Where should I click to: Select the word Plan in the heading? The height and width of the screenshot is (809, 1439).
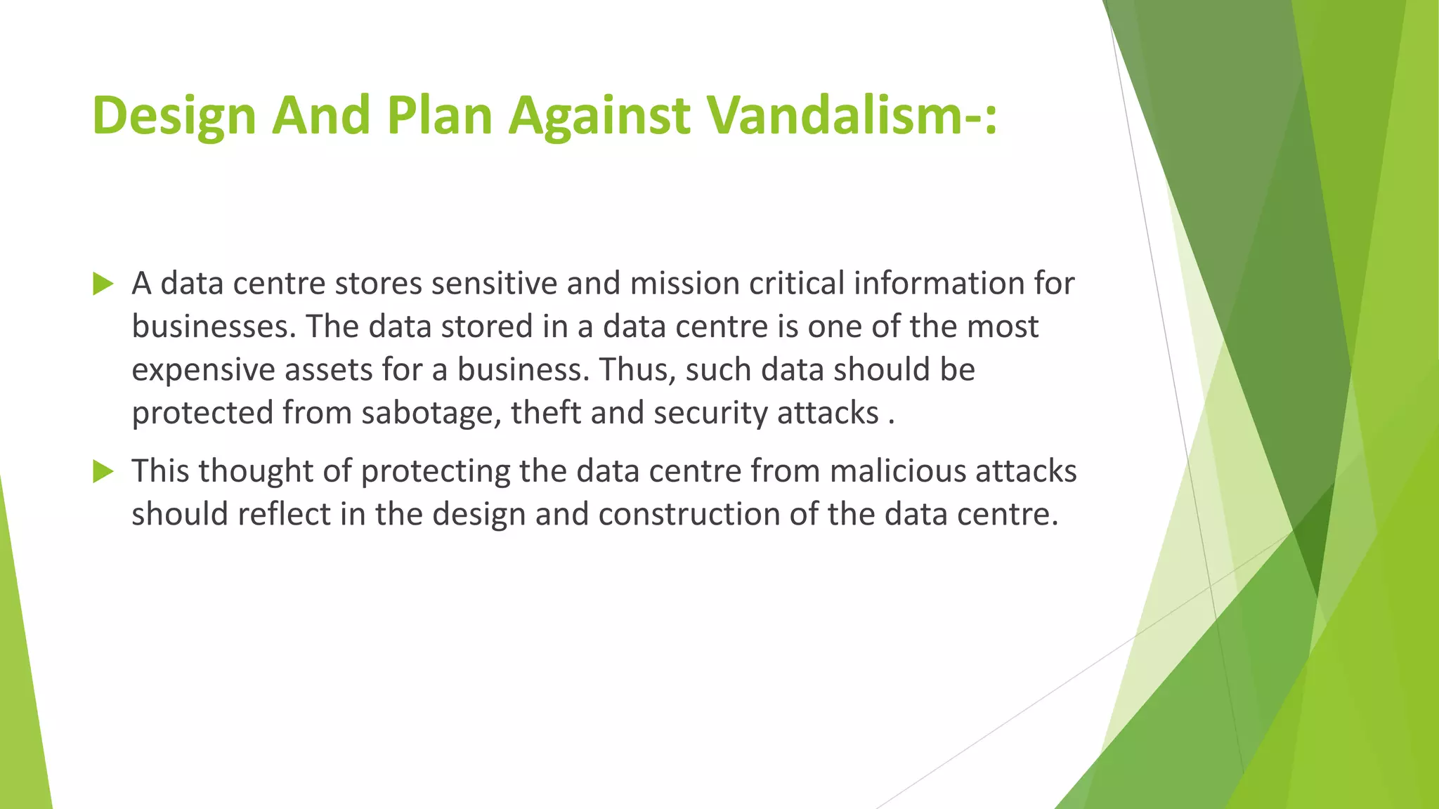(x=439, y=114)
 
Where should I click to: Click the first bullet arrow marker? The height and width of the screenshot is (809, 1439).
(x=103, y=284)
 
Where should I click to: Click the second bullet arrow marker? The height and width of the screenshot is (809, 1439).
(x=103, y=472)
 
